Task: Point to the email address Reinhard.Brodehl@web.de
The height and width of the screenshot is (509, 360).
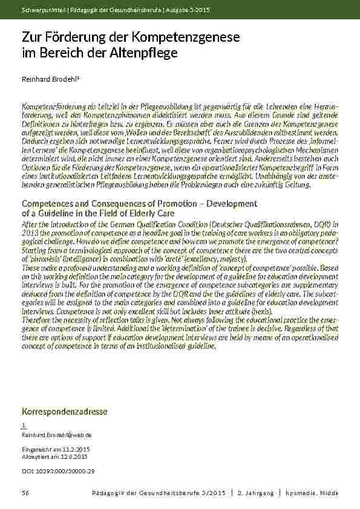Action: (56, 435)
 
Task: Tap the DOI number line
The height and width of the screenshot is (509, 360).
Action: (58, 470)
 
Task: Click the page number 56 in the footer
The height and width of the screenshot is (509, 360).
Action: (25, 494)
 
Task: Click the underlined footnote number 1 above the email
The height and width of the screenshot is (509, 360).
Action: (23, 426)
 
